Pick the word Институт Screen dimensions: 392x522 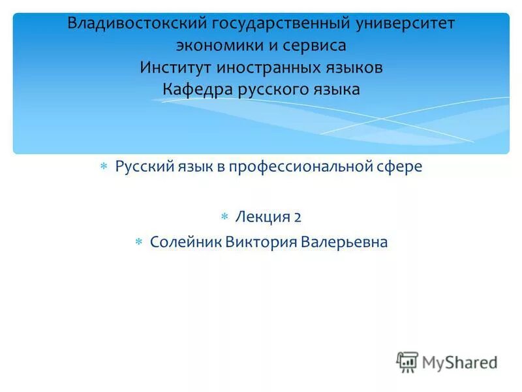point(172,67)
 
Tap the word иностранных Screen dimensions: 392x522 point(262,67)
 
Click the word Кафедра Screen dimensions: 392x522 point(192,88)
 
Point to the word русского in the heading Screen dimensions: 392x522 point(270,88)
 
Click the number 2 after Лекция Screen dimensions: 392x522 point(298,217)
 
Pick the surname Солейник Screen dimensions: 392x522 point(185,242)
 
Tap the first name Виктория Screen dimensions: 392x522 point(262,242)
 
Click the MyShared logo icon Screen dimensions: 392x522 point(407,362)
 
